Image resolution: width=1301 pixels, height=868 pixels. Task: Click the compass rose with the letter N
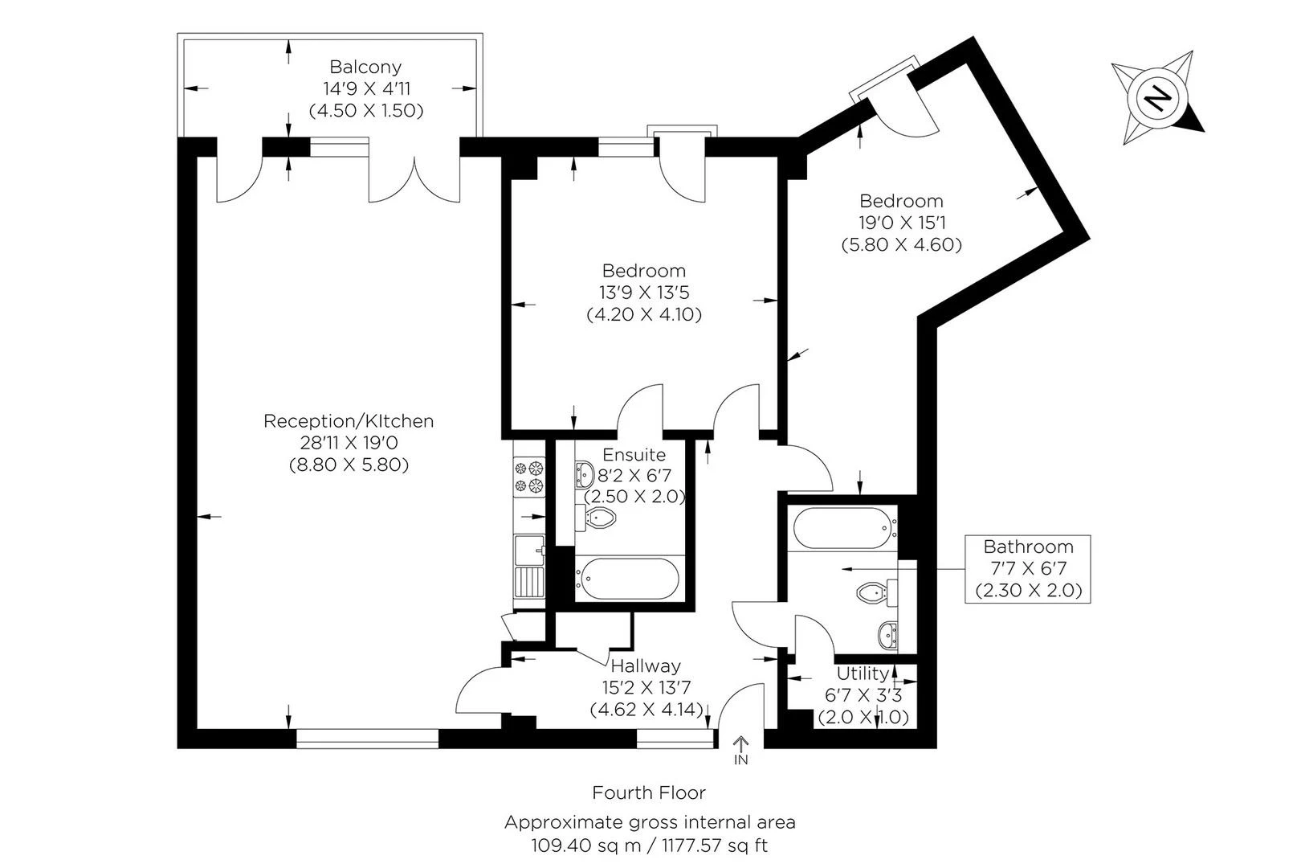point(1156,98)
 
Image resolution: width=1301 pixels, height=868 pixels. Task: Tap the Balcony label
point(365,68)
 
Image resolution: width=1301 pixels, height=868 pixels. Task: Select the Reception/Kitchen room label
point(349,421)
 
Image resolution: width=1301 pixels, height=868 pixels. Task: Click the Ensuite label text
point(634,455)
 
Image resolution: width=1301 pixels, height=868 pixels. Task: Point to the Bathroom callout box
point(1028,568)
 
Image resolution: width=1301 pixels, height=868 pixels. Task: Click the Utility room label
point(863,674)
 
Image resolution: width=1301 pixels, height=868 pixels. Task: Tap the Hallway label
point(646,665)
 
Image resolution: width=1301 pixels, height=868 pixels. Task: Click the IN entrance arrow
point(740,751)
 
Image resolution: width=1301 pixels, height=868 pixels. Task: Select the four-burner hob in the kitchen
point(529,476)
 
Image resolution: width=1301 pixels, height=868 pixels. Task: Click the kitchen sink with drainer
point(529,567)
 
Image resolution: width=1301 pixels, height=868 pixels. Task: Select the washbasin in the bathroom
point(888,636)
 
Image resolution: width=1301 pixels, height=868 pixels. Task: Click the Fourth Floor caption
point(649,793)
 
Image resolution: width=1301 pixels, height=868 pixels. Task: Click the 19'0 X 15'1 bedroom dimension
point(901,223)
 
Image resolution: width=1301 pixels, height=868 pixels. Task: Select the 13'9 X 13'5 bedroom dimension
point(644,293)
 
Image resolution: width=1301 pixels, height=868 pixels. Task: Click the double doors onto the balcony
point(414,178)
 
